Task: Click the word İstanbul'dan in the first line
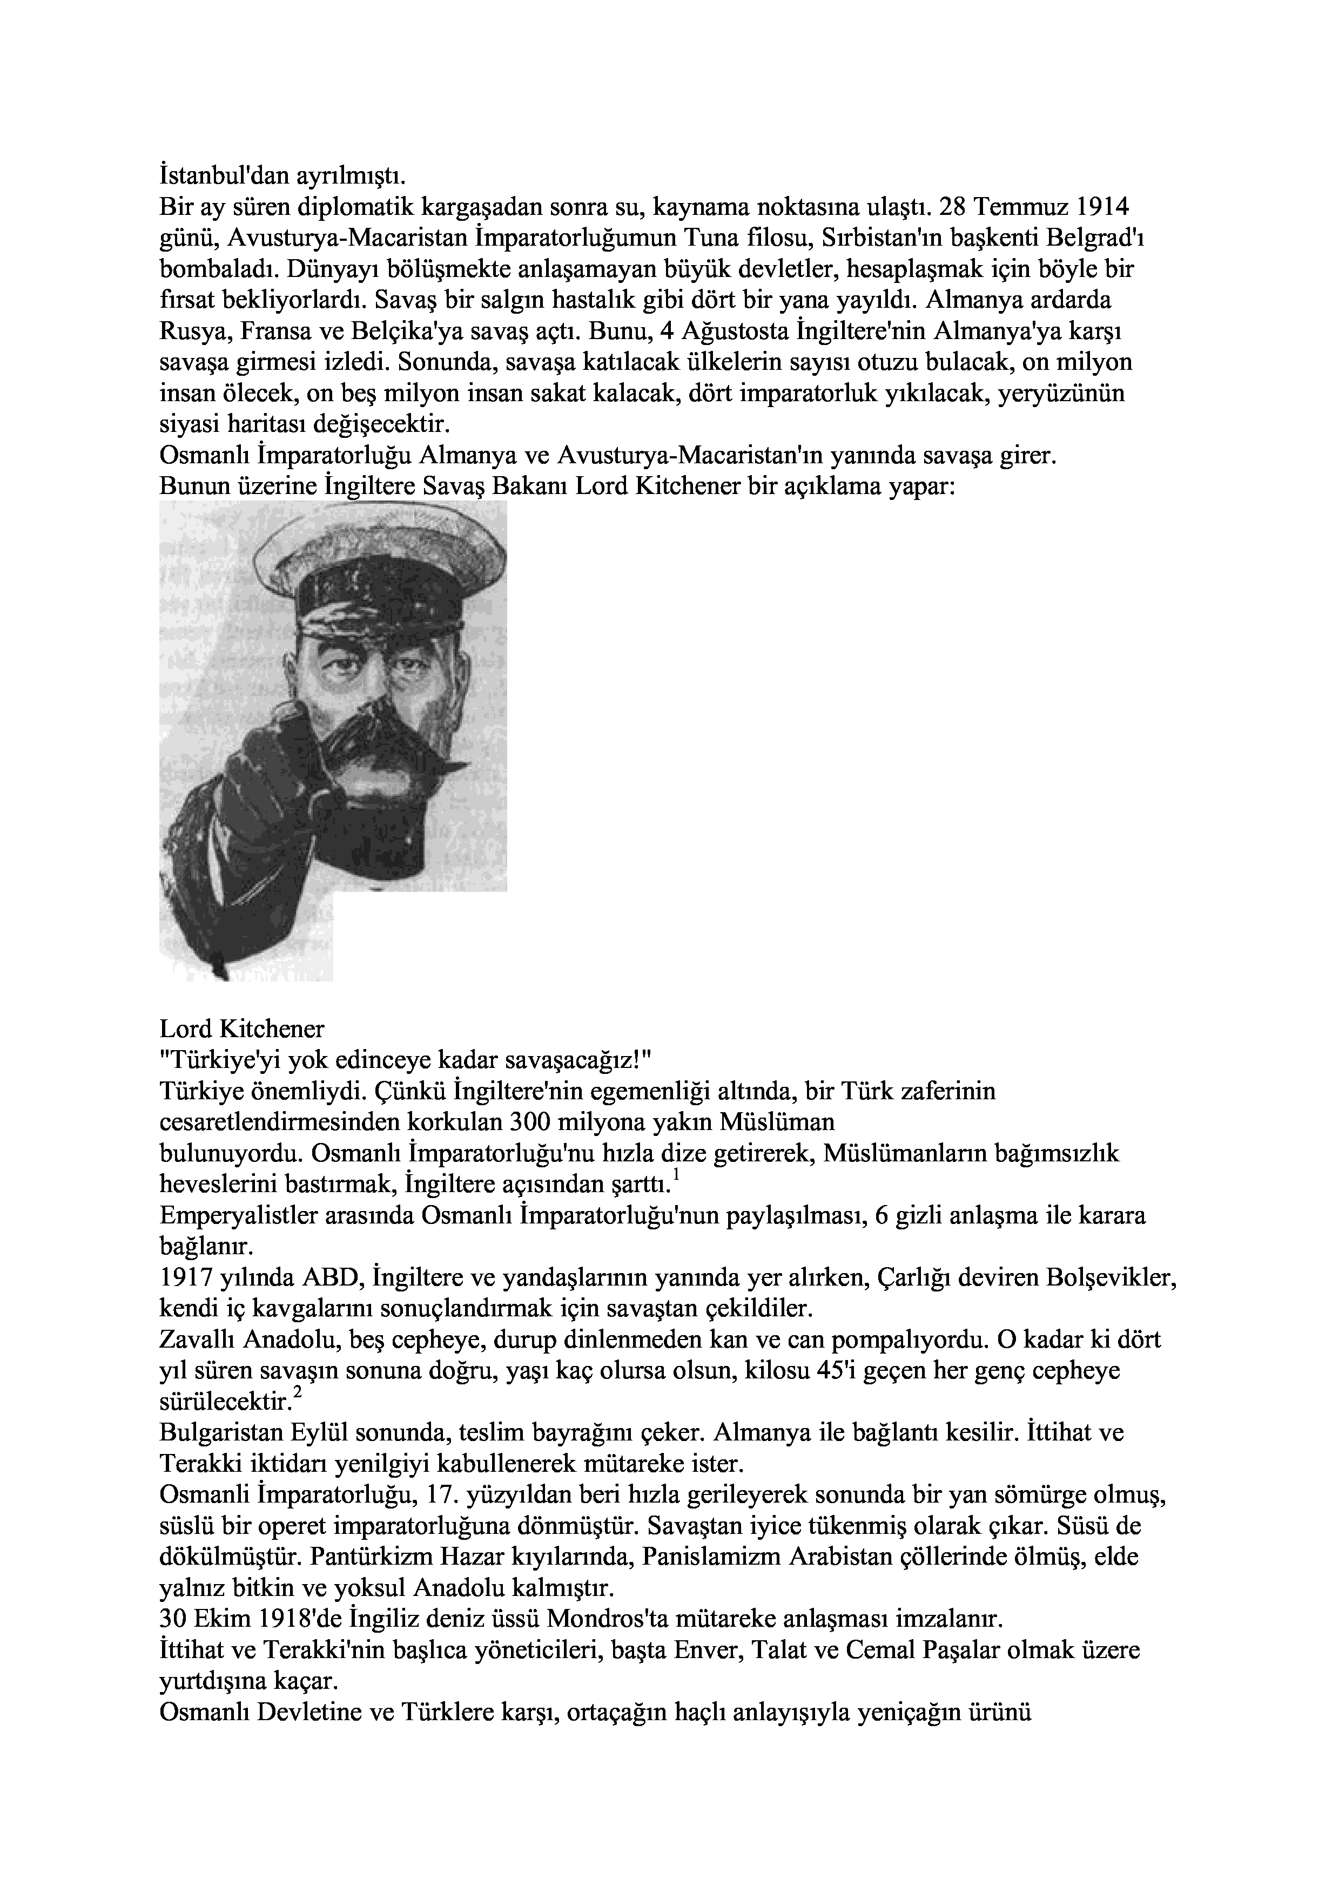pyautogui.click(x=212, y=177)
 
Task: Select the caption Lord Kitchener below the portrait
pyautogui.click(x=242, y=1029)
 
